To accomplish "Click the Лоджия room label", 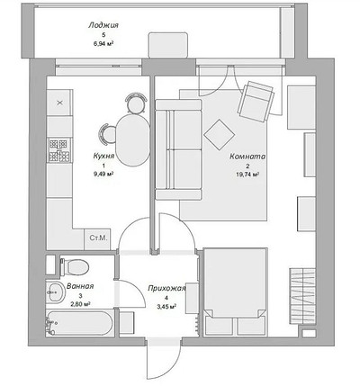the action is tap(103, 25).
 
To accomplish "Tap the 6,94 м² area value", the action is tap(103, 44).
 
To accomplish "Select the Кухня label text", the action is tap(103, 156).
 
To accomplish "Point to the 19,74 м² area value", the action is tap(247, 175).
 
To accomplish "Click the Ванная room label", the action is tap(80, 286).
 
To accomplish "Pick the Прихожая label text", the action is tap(166, 289).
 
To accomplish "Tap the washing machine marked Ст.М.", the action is tap(98, 239).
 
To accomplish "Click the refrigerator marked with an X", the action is tap(59, 103).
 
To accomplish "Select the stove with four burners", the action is tap(59, 150).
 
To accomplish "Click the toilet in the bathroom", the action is tap(75, 266).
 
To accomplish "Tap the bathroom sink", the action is tap(56, 292).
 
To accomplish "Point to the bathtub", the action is tap(79, 323).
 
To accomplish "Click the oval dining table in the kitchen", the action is tap(133, 140).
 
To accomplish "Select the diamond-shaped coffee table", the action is tap(220, 134).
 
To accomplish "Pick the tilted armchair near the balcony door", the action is tap(256, 102).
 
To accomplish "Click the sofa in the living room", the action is tap(178, 149).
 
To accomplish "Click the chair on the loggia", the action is tap(168, 45).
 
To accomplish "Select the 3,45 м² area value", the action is tap(166, 307).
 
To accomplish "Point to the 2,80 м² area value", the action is tap(80, 304).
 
